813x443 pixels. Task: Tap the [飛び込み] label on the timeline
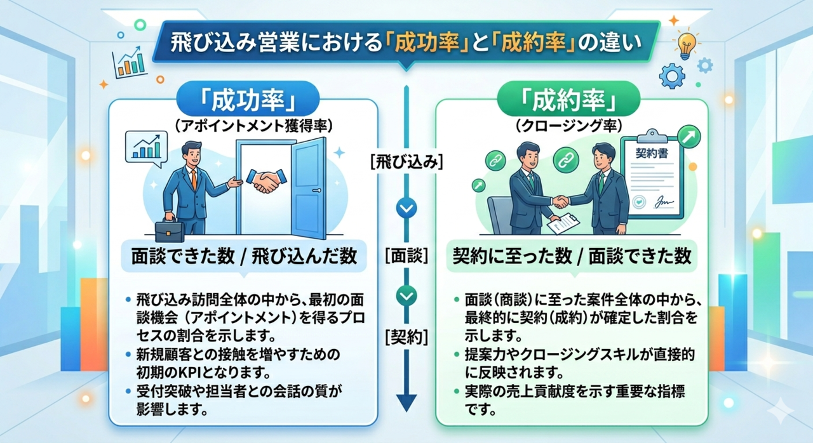(406, 162)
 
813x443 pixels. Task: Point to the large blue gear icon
(671, 76)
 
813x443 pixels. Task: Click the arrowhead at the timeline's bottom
(406, 402)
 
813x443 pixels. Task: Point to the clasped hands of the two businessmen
(560, 201)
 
